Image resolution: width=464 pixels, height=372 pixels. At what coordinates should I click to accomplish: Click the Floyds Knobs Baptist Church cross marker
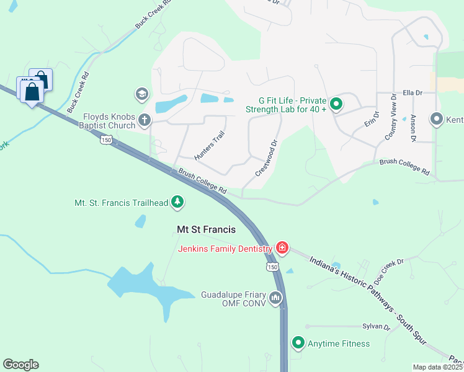point(145,120)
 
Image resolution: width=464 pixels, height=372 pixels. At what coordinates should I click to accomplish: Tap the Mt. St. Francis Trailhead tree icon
point(178,202)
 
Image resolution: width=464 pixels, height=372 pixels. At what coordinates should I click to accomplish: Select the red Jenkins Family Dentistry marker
point(282,249)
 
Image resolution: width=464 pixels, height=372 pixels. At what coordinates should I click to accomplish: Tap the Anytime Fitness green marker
point(298,343)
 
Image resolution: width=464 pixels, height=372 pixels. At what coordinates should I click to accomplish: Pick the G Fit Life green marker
point(336,104)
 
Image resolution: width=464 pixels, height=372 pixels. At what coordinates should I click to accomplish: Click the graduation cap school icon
point(141,94)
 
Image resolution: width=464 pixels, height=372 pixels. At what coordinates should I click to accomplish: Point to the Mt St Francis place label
point(206,229)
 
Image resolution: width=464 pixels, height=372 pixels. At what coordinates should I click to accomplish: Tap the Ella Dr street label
point(412,92)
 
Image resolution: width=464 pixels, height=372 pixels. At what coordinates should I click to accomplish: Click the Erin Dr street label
point(372,118)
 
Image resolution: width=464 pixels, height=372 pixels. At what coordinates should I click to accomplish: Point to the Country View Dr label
point(391,117)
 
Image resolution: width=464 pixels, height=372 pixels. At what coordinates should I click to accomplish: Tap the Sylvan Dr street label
point(377,326)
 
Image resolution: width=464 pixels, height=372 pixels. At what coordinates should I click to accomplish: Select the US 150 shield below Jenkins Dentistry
point(272,267)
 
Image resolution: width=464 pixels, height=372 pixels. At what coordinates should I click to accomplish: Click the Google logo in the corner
point(20,365)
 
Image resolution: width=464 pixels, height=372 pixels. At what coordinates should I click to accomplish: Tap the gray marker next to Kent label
point(436,118)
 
